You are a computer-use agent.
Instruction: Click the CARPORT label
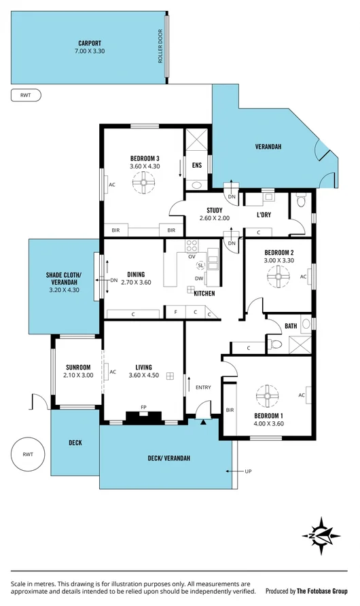tap(90, 43)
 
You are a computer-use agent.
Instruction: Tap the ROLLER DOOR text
tap(161, 46)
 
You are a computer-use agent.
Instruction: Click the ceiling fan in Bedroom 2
tap(278, 276)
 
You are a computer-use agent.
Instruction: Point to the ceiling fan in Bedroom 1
tap(268, 395)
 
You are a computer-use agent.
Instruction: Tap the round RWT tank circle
tap(28, 454)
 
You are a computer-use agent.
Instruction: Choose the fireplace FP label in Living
tap(143, 408)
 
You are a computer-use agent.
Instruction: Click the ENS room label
tap(197, 165)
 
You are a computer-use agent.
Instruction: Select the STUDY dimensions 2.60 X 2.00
tap(215, 218)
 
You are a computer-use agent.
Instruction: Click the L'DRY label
tap(264, 215)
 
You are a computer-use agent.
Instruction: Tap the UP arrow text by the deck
tap(248, 470)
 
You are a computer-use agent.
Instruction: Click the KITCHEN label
tap(204, 293)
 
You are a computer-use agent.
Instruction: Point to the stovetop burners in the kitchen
tap(192, 245)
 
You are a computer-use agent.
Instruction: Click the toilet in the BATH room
tap(275, 346)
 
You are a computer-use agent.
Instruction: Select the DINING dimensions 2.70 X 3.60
tap(137, 282)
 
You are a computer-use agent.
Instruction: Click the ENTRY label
tap(203, 387)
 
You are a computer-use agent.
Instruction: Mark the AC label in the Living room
tap(113, 372)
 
